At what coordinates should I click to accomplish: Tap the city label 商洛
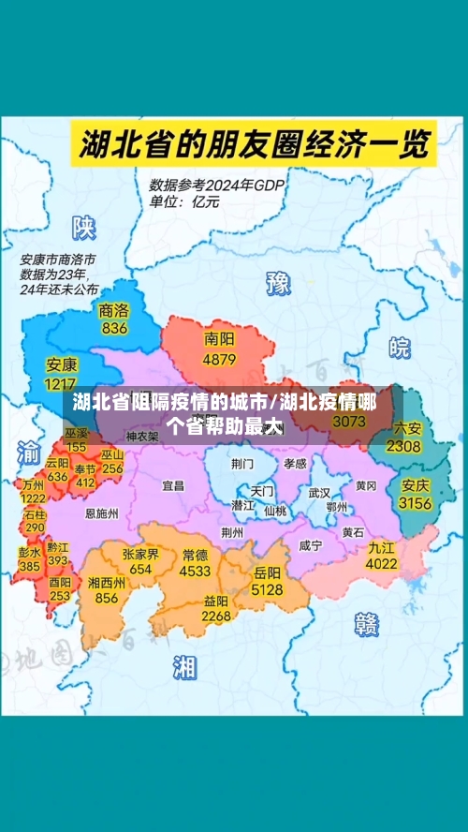pos(114,310)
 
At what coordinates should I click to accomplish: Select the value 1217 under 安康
pos(61,383)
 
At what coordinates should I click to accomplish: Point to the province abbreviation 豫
pos(279,282)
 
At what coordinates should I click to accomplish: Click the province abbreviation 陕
pos(85,227)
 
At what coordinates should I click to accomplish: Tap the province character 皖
pos(400,348)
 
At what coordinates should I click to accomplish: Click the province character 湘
pos(184,666)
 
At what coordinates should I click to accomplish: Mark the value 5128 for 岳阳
pos(267,589)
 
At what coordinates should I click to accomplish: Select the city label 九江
pos(381,547)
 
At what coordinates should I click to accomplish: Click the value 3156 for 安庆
pos(415,503)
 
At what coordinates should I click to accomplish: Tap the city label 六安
pos(407,429)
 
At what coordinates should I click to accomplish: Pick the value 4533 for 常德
pos(196,570)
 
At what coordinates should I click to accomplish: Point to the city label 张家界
pos(140,554)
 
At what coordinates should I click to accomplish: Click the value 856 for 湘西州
pos(106,598)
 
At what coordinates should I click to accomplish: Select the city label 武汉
pos(319,492)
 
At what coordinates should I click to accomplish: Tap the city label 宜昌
pos(173,485)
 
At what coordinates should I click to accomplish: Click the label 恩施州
pos(101,513)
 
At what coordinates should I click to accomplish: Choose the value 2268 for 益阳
pos(216,616)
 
